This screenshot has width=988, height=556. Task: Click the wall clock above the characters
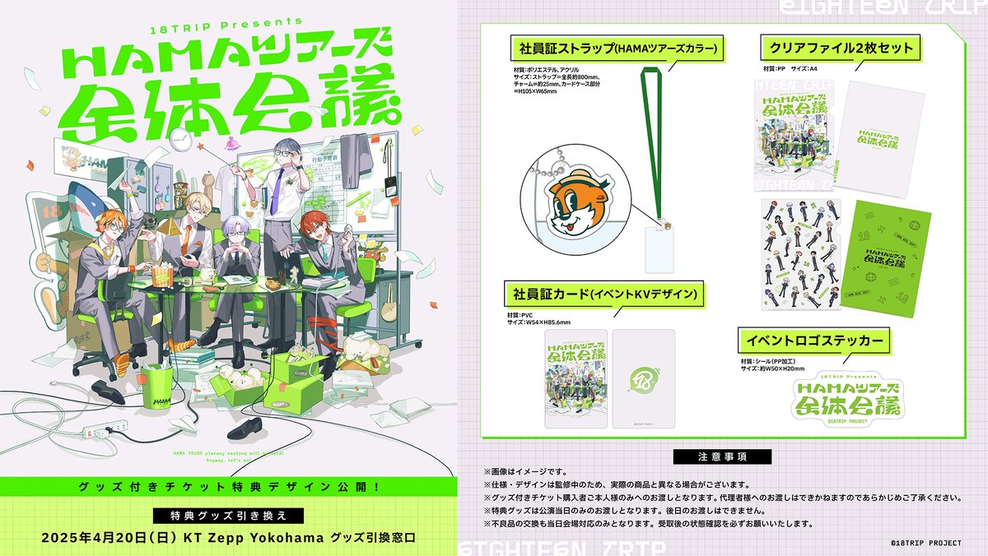(201, 144)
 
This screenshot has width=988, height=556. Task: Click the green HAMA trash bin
(156, 387)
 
